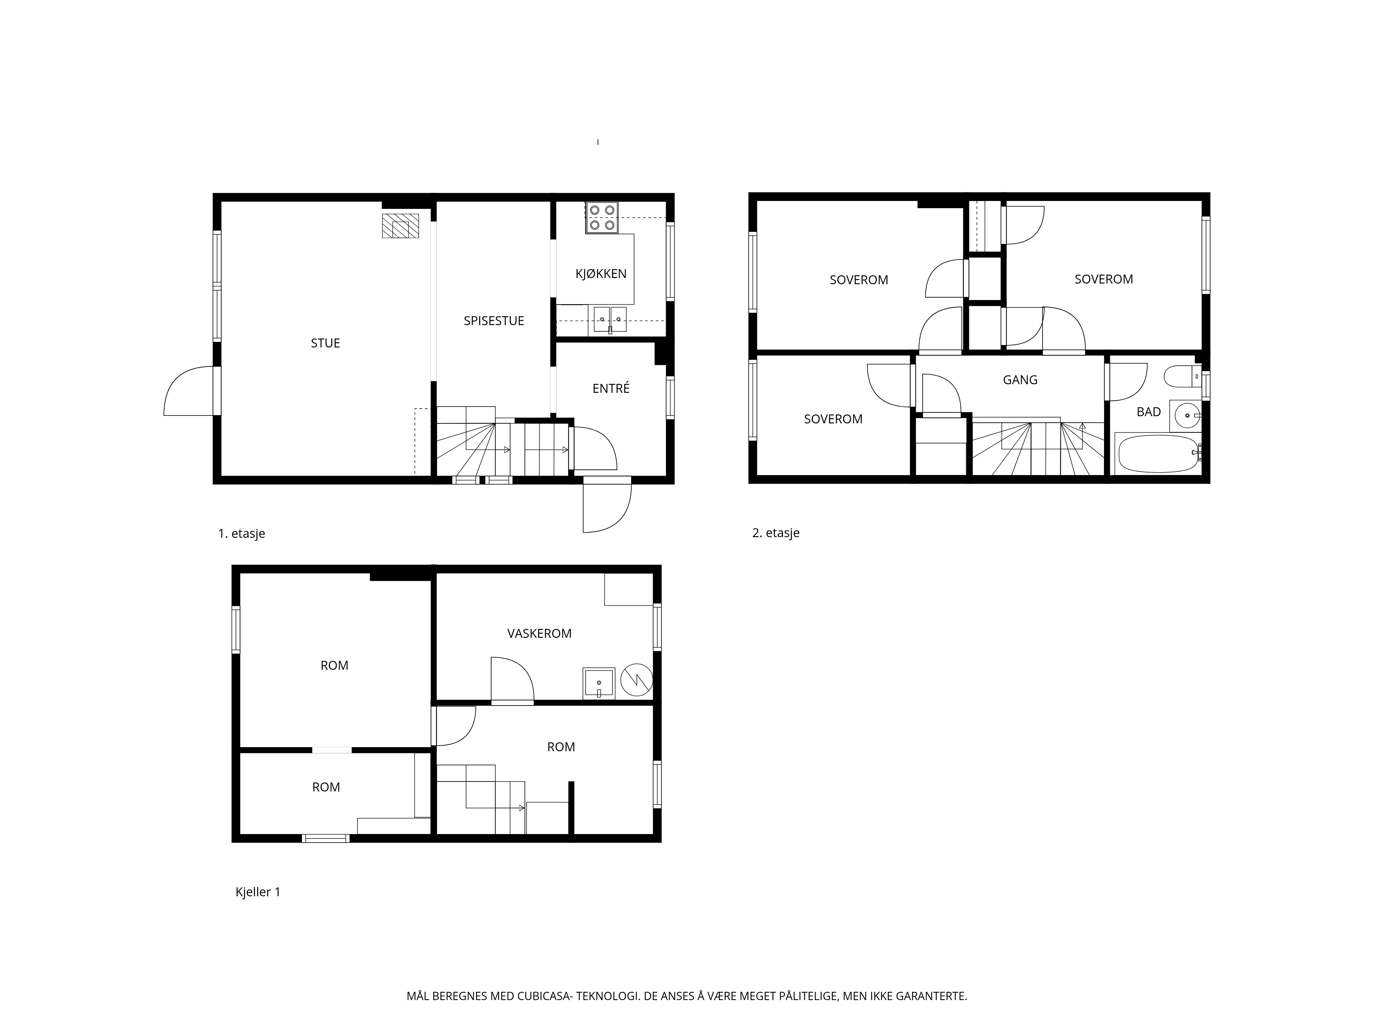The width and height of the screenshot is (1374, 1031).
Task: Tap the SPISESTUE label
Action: (x=494, y=321)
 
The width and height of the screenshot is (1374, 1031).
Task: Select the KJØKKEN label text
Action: (x=601, y=274)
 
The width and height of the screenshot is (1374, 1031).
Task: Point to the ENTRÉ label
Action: (x=611, y=388)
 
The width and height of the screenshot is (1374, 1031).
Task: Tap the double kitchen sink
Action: (x=610, y=319)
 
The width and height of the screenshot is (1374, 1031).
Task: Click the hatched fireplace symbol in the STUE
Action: (x=400, y=225)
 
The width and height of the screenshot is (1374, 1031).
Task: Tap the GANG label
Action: (x=1020, y=380)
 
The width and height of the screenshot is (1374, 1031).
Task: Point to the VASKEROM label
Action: (x=539, y=633)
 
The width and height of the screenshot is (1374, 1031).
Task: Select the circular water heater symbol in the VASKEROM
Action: (x=637, y=680)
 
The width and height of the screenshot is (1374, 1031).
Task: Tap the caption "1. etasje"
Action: (x=241, y=533)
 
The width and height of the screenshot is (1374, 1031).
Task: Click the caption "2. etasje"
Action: (x=776, y=533)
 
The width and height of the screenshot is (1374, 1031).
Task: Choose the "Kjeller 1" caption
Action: (x=258, y=892)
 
